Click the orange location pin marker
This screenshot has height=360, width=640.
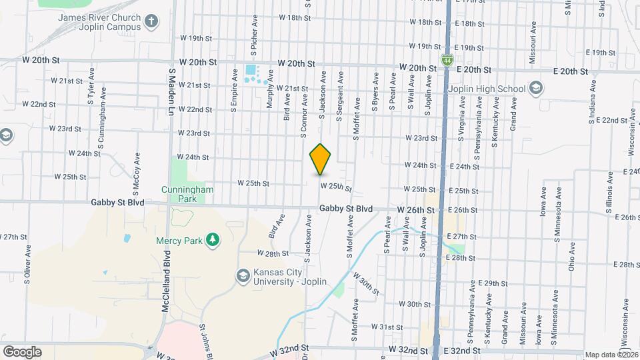click(320, 159)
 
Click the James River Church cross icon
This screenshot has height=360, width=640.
click(152, 21)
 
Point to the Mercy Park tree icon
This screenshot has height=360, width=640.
click(213, 239)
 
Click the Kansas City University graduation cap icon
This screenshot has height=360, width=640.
click(243, 275)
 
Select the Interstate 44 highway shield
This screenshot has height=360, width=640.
click(444, 61)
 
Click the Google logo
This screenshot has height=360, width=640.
click(22, 351)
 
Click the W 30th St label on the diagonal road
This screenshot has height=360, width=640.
click(365, 284)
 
